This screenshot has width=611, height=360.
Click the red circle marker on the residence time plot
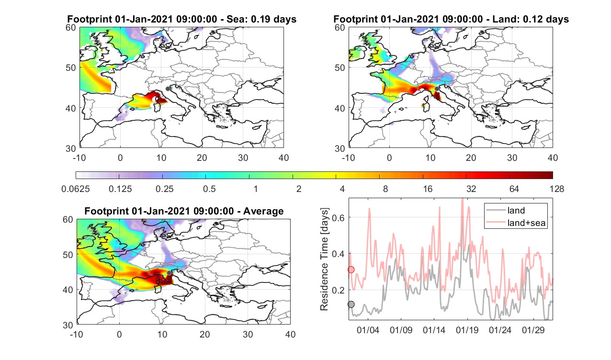pyautogui.click(x=351, y=270)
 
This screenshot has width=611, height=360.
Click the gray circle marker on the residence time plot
pyautogui.click(x=351, y=304)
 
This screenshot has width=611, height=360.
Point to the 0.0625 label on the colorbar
pyautogui.click(x=76, y=189)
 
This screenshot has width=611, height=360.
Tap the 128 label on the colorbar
pyautogui.click(x=557, y=189)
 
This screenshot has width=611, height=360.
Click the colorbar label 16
pyautogui.click(x=428, y=189)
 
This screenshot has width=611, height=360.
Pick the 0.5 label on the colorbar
pyautogui.click(x=209, y=189)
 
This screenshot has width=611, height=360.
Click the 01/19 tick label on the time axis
pyautogui.click(x=467, y=330)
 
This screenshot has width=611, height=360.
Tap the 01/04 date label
pyautogui.click(x=368, y=330)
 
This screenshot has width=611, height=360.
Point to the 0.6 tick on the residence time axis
pyautogui.click(x=339, y=217)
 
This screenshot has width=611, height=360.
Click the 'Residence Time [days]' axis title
pyautogui.click(x=324, y=259)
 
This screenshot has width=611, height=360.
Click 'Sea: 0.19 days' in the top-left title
pyautogui.click(x=261, y=19)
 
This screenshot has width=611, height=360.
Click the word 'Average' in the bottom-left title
pyautogui.click(x=263, y=211)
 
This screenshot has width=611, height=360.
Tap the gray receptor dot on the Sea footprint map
pyautogui.click(x=168, y=89)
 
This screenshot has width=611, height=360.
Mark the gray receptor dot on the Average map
pyautogui.click(x=169, y=273)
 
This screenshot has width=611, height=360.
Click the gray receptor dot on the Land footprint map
pyautogui.click(x=437, y=89)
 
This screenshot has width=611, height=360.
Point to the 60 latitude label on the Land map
pyautogui.click(x=339, y=28)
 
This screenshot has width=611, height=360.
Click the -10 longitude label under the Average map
pyautogui.click(x=77, y=334)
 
